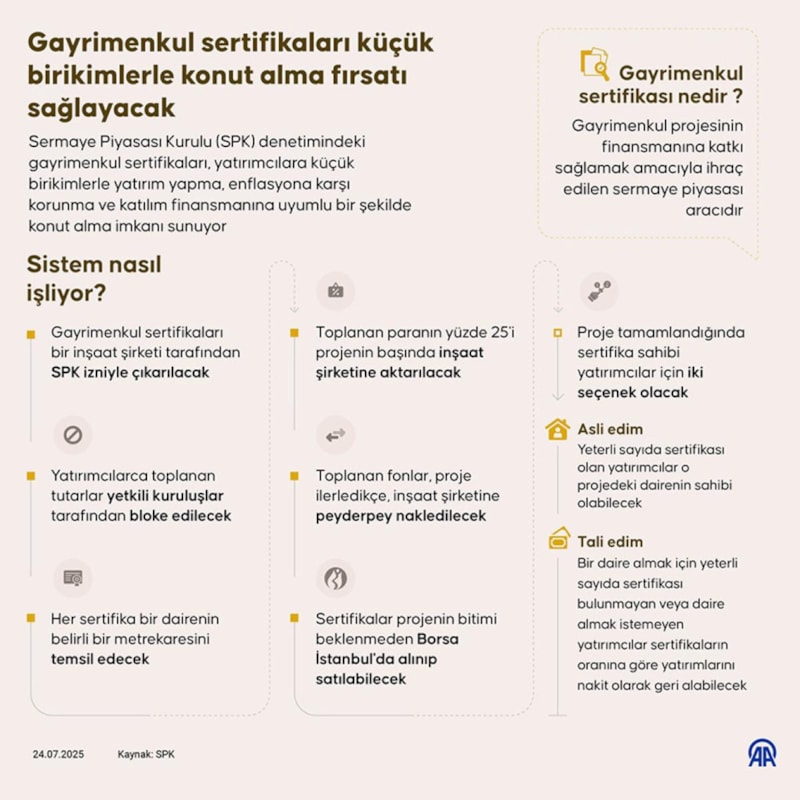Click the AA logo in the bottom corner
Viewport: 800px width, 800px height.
tap(763, 753)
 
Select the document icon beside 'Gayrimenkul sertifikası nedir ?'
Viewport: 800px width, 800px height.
tap(595, 64)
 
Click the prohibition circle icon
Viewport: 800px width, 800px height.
tap(72, 435)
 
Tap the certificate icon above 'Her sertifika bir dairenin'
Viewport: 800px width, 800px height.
tap(72, 577)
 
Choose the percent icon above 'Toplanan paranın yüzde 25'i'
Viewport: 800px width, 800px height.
tap(336, 291)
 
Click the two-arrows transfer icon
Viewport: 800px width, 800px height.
tap(336, 435)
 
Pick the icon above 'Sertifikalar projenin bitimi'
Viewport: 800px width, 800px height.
tap(336, 577)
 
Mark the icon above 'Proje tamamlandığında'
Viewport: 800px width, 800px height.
tap(599, 290)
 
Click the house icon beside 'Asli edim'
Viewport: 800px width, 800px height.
tap(558, 430)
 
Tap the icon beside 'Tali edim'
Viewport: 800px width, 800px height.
tap(558, 540)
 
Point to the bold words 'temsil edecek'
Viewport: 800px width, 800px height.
tap(100, 659)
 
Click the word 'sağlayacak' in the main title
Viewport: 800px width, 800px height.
tap(101, 107)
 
